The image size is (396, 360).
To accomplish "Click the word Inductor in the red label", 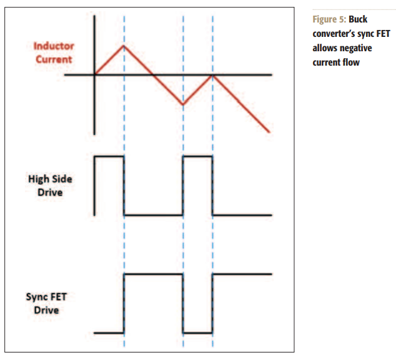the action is pyautogui.click(x=54, y=46).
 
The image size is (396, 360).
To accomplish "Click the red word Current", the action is pyautogui.click(x=54, y=59).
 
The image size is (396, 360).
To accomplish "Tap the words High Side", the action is pyautogui.click(x=50, y=179).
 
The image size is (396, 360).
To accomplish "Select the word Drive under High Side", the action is pyautogui.click(x=50, y=192).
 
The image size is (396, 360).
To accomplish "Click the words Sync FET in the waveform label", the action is pyautogui.click(x=46, y=297).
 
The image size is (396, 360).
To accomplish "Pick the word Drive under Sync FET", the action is pyautogui.click(x=46, y=310).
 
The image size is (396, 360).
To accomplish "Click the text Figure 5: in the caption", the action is pyautogui.click(x=329, y=19).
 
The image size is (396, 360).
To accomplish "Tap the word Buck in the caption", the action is pyautogui.click(x=358, y=19).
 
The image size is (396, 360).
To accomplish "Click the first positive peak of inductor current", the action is pyautogui.click(x=124, y=46).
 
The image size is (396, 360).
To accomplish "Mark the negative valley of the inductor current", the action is pyautogui.click(x=183, y=104).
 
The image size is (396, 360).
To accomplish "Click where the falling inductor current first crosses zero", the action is pyautogui.click(x=153, y=75).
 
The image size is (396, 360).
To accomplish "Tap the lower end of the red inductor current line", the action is pyautogui.click(x=269, y=132).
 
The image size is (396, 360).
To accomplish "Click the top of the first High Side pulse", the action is pyautogui.click(x=109, y=157).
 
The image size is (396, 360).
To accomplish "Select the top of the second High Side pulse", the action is pyautogui.click(x=198, y=157).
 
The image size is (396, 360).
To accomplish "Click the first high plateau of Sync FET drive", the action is pyautogui.click(x=154, y=274).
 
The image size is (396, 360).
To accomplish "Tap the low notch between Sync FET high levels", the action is pyautogui.click(x=198, y=332).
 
